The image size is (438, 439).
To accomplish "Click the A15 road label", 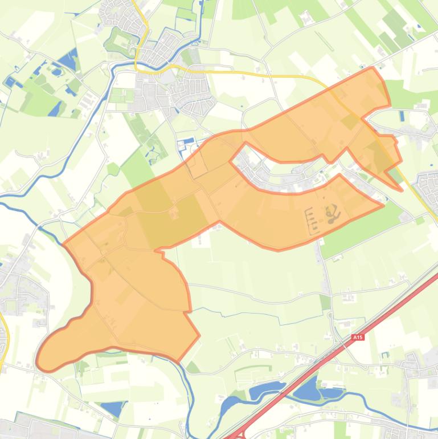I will click(357, 338).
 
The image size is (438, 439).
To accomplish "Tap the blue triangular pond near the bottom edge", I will click(112, 408).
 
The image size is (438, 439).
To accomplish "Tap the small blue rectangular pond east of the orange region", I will click(402, 117).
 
